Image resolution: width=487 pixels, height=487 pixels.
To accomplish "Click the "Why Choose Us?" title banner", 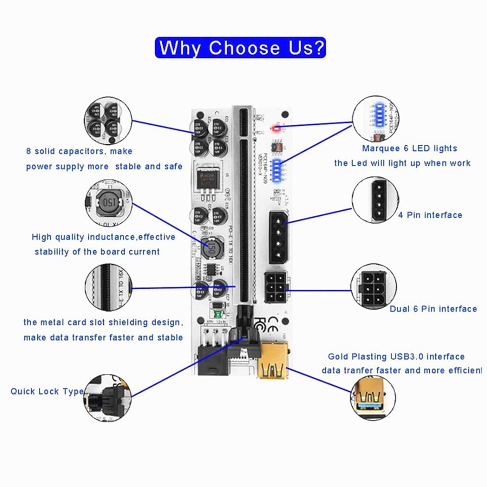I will tap(240, 48).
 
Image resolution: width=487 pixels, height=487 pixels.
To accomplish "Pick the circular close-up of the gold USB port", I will tap(373, 398).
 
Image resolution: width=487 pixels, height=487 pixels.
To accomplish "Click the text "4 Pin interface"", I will tap(430, 215).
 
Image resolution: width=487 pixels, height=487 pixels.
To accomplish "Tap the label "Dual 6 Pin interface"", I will tap(433, 309).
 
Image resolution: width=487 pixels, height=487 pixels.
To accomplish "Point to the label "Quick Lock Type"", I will tap(47, 391).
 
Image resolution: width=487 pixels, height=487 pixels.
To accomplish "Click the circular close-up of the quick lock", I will tap(108, 398).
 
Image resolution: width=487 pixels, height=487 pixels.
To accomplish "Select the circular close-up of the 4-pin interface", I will tap(375, 200).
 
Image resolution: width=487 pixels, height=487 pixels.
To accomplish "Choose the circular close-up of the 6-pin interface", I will tap(373, 287).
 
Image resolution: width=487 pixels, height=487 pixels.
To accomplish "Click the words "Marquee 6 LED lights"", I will tap(409, 148).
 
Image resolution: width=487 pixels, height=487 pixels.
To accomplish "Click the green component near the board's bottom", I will tap(217, 314).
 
